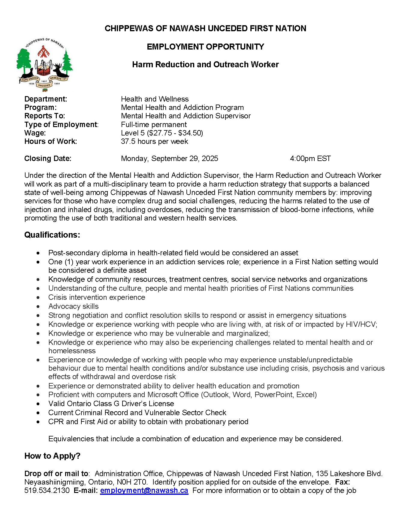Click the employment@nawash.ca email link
coord(144,491)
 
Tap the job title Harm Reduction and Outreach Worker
coord(205,65)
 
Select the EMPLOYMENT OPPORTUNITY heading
coord(205,47)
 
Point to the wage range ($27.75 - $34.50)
coord(175,133)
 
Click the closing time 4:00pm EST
coord(310,159)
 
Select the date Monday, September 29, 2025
coord(169,159)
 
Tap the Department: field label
coord(46,99)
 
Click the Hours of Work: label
coord(50,141)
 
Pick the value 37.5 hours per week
coord(154,141)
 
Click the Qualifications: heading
coord(52,235)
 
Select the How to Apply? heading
coord(52,456)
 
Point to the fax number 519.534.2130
coord(47,491)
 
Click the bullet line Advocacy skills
coord(74,306)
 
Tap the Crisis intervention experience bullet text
coord(97,297)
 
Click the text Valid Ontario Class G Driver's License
coord(111,404)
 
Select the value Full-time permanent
coord(154,125)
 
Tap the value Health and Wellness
coord(155,99)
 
